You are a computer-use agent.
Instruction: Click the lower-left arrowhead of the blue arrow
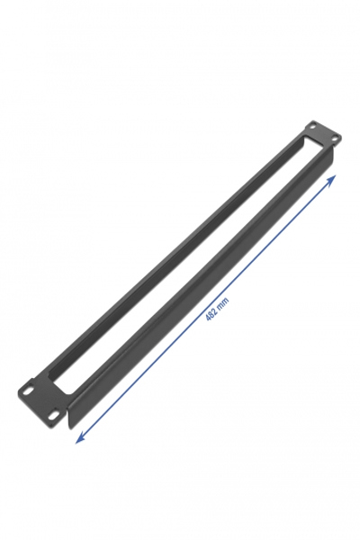click(x=78, y=440)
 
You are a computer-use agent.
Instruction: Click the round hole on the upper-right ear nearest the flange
click(x=334, y=138)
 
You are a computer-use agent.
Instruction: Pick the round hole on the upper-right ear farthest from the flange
click(x=311, y=125)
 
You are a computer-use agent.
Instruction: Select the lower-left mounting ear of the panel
click(x=40, y=400)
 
